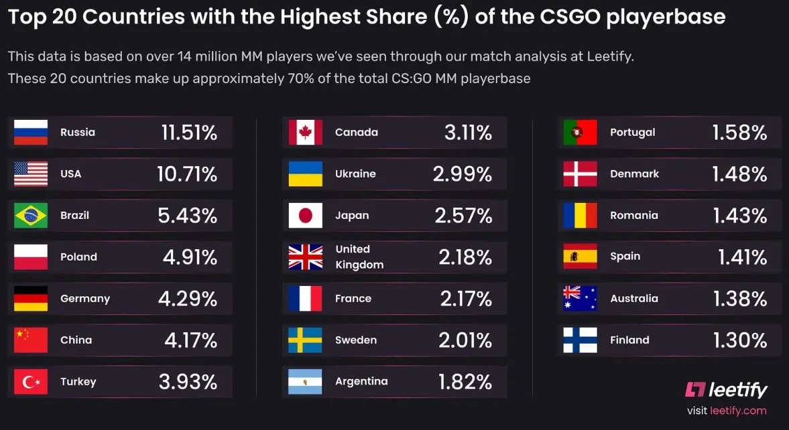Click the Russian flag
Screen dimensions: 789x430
[x=31, y=132]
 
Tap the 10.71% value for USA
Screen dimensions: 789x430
[x=187, y=174]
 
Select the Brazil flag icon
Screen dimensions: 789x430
[x=31, y=215]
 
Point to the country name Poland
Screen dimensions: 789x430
[x=78, y=257]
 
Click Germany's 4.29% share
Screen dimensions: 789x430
[x=188, y=299]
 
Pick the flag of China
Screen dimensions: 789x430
[x=31, y=340]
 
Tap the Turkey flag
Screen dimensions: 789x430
[x=31, y=382]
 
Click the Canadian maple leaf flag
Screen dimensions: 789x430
[x=306, y=132]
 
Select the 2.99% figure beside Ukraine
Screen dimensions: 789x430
[x=463, y=174]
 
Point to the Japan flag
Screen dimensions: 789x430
[x=306, y=215]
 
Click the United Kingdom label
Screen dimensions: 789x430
[x=359, y=257]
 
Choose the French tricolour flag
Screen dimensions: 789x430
[x=306, y=299]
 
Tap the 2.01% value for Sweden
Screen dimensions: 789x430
[x=465, y=340]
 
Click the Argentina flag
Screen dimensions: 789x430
[x=306, y=382]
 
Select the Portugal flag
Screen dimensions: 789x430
[x=580, y=132]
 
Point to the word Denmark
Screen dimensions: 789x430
[x=635, y=174]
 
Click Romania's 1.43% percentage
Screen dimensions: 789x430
[x=740, y=216]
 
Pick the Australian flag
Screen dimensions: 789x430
[x=580, y=299]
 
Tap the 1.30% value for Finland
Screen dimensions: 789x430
[x=740, y=340]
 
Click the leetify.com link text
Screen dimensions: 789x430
[x=738, y=411]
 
